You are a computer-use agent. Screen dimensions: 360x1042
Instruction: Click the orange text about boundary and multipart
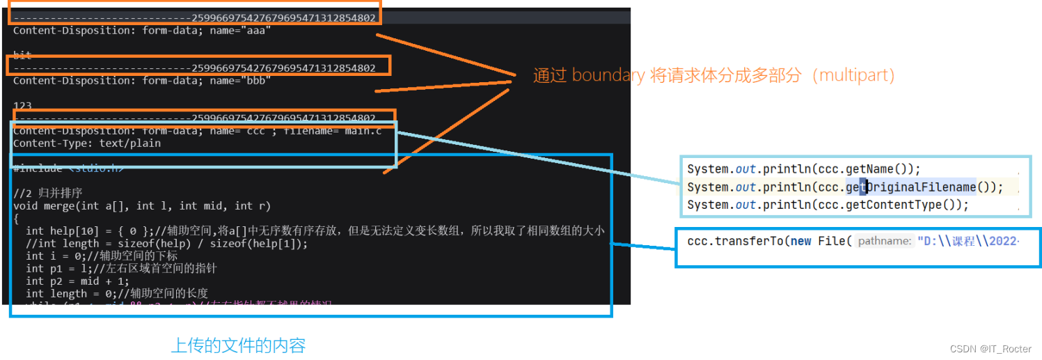click(x=713, y=75)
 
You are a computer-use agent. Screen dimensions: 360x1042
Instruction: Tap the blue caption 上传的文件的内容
click(x=238, y=345)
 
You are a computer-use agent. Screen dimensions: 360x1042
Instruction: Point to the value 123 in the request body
click(x=22, y=105)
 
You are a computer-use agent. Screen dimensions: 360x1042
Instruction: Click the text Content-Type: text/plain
click(x=87, y=143)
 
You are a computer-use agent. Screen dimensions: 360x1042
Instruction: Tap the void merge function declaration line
click(x=141, y=205)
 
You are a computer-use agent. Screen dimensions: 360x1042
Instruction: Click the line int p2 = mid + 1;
click(x=77, y=281)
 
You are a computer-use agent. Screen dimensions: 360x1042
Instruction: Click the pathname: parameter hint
click(x=884, y=241)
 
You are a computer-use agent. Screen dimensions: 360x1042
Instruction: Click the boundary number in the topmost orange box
click(x=283, y=18)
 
